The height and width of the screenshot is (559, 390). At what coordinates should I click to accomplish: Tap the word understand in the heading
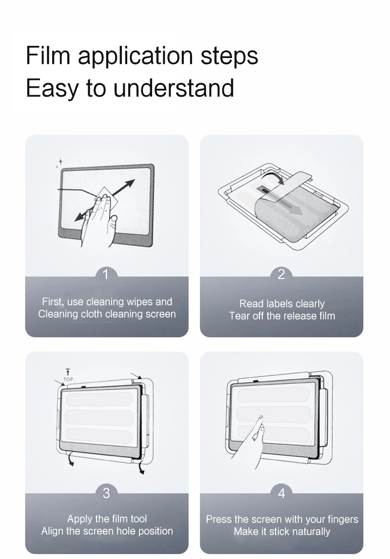tap(174, 88)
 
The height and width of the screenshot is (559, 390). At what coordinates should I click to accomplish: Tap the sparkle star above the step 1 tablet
tap(60, 162)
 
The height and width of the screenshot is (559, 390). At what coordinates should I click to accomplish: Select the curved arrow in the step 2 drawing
tap(273, 175)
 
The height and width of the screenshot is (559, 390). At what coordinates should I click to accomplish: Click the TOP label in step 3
tap(68, 379)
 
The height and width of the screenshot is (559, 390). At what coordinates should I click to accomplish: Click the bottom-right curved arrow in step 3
tap(141, 466)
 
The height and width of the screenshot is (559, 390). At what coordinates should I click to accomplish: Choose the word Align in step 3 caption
tap(52, 531)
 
